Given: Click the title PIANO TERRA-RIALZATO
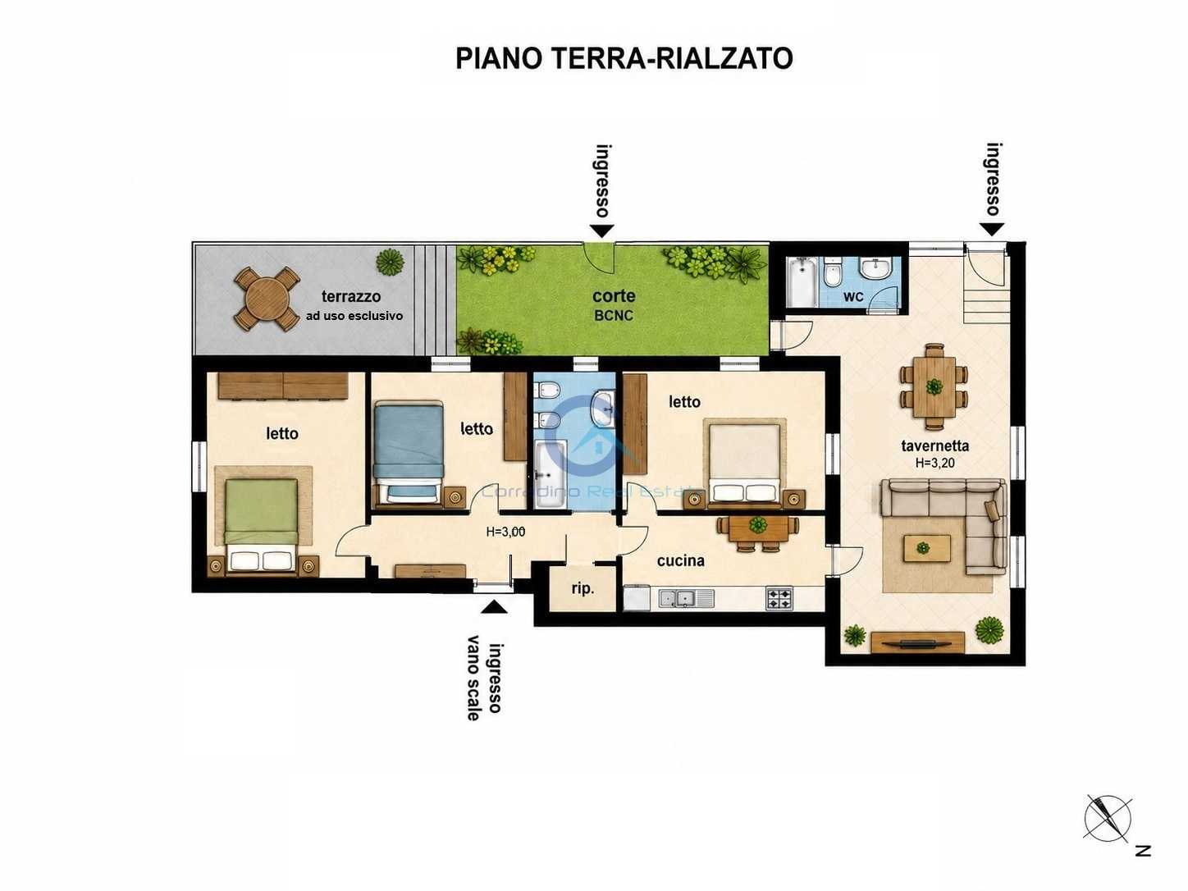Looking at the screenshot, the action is (624, 58).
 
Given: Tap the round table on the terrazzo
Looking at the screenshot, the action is (267, 299).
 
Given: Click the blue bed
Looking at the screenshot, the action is (409, 454).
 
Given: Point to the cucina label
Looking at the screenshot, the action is (681, 560).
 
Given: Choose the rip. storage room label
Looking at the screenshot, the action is (583, 589).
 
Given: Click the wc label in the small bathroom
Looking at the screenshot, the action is (853, 297).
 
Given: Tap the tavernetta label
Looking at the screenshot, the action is (934, 445).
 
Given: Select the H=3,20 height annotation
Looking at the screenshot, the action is (934, 463).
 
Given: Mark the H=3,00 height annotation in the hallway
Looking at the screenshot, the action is (505, 532).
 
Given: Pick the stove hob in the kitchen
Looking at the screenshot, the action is (779, 598).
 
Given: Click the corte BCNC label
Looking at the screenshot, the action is (614, 305).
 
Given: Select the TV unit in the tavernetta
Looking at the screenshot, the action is (918, 642).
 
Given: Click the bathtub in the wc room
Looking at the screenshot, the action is (801, 282).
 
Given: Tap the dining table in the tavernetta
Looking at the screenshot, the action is (934, 386).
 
